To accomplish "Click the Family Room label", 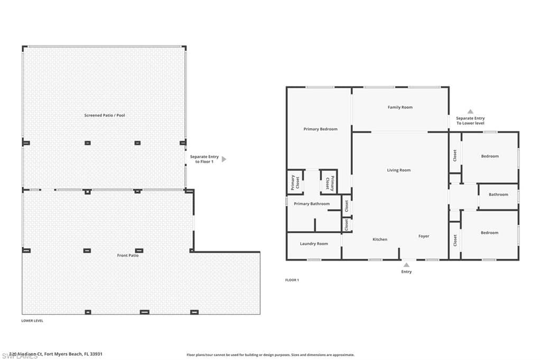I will pos(400,107).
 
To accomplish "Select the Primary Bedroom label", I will pos(320,129).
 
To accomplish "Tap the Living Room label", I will pos(398,170).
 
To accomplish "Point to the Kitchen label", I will pos(380,239).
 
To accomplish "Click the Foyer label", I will pos(424,236).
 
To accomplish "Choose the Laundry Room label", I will pos(314,243).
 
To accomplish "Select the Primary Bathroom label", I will pos(312,204).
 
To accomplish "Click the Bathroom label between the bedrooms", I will pos(498,194).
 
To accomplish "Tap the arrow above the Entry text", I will pos(406,264).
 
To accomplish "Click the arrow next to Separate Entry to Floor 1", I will pos(224,159).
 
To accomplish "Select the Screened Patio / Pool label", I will pos(105,115).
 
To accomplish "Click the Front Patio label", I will pos(128,255).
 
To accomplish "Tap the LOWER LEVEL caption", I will pos(32,320).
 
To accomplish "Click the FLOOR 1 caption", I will pos(292,280).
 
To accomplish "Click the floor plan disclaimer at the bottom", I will pos(270,355).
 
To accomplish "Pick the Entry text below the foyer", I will pos(406,272).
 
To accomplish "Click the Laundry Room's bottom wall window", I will pos(314,259).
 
